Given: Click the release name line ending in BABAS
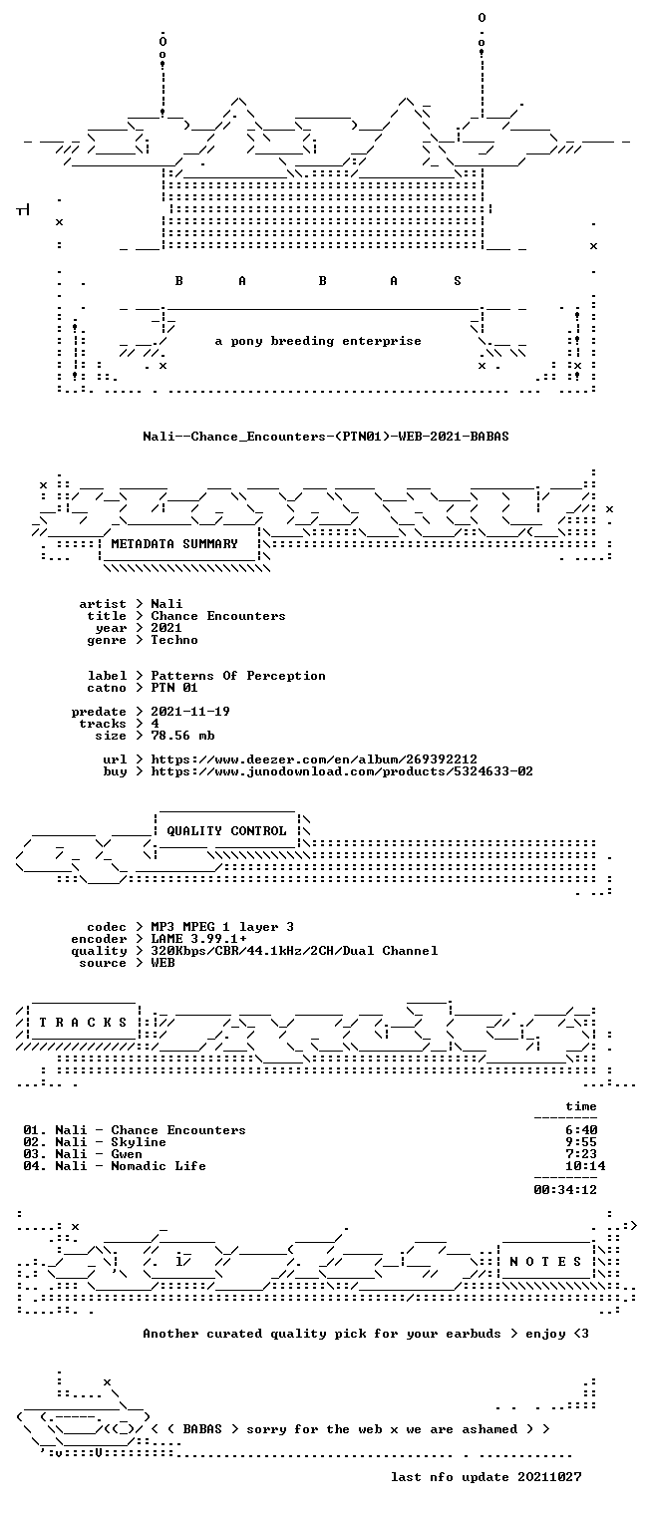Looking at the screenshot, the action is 326,437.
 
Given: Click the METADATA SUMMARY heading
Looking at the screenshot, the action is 174,544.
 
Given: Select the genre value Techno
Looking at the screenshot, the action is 174,640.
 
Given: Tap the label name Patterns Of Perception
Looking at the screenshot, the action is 238,676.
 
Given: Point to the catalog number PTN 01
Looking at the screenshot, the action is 174,689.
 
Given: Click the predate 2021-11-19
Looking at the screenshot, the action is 190,712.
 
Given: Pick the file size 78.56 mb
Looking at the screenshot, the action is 182,736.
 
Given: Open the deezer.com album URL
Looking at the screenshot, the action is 314,759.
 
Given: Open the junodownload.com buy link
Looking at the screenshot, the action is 342,771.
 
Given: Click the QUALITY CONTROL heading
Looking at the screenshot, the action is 226,831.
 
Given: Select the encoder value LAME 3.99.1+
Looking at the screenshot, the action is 198,939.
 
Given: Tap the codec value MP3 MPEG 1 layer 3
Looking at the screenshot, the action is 222,927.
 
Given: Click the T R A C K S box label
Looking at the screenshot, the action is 83,1023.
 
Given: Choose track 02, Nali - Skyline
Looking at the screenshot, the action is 95,1142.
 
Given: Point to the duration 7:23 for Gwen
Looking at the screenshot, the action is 581,1154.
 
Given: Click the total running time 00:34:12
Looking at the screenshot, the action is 565,1190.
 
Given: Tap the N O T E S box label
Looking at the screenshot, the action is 545,1262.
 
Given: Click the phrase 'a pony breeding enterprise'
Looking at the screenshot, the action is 318,341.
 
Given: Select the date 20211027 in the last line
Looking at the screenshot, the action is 549,1477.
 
